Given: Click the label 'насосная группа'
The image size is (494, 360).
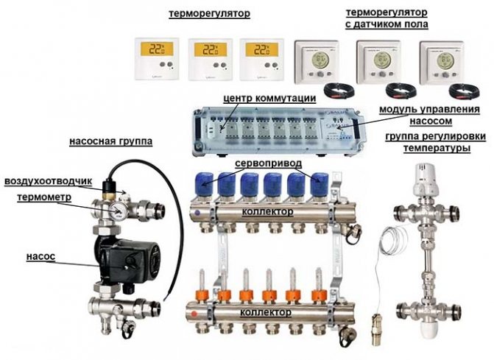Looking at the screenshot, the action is [110, 141].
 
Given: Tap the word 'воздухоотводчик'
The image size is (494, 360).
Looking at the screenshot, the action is [48, 182].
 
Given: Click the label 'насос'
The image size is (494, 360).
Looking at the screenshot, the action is [40, 257].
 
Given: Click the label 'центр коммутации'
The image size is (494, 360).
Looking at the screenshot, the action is [269, 98].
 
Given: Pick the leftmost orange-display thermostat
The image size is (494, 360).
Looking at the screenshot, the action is [157, 59].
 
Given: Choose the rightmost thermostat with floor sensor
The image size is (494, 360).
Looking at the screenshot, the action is [441, 63].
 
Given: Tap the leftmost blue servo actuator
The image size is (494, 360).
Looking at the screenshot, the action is [204, 185].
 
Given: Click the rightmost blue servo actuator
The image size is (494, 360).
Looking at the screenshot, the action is [320, 185].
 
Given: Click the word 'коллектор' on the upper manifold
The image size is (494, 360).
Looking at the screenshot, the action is [267, 211].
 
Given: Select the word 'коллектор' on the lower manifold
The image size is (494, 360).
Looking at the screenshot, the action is [266, 312].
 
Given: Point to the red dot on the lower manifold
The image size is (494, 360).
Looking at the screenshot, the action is [194, 314].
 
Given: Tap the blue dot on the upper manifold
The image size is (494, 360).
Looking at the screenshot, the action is [197, 213].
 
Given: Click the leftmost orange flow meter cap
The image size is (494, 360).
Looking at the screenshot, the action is [201, 295].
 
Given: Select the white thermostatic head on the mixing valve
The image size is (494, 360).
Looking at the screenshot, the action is [426, 177].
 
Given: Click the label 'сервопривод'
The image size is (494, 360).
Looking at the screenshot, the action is [269, 163].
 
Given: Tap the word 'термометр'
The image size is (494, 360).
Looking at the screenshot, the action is [44, 197].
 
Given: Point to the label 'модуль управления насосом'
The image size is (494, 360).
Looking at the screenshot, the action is [430, 115].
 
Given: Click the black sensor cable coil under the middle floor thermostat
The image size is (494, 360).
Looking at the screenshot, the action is [401, 90].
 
